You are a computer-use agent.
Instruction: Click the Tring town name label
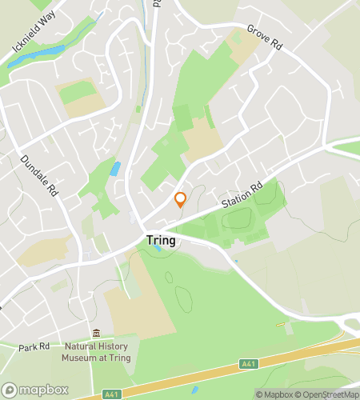[x=161, y=239]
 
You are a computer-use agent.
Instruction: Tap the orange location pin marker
[x=181, y=199]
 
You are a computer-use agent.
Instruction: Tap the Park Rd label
[x=34, y=348]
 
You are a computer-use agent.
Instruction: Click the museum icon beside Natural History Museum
[x=97, y=334]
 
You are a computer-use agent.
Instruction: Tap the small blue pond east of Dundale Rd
[x=117, y=169]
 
